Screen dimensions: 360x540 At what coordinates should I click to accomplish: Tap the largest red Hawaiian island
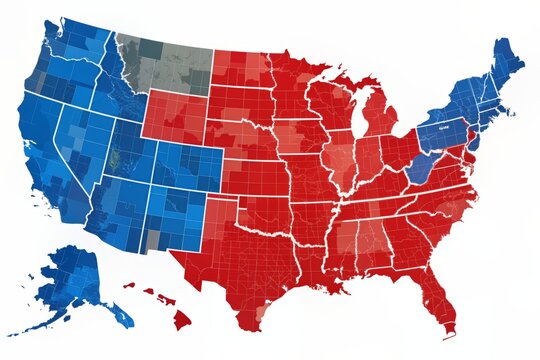(x=181, y=319)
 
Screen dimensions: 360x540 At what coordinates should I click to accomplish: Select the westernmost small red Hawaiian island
(x=128, y=285)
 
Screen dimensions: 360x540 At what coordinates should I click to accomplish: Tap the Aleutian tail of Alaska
(x=30, y=324)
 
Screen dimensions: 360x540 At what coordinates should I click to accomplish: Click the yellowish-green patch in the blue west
(x=119, y=159)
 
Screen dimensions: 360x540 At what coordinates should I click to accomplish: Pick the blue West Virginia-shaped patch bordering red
(x=421, y=165)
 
